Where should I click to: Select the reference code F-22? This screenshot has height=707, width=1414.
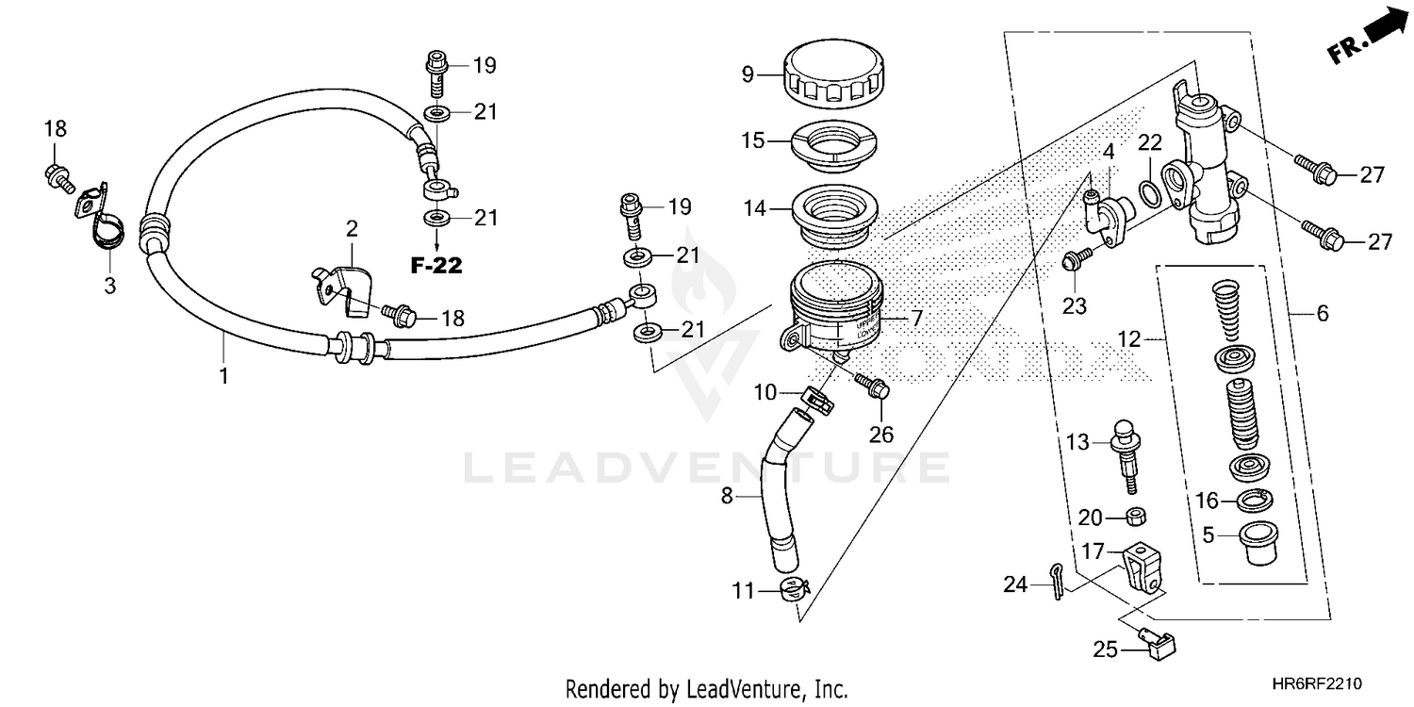point(436,266)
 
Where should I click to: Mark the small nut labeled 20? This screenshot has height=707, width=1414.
point(1137,517)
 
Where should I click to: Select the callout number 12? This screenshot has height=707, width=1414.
point(1129,337)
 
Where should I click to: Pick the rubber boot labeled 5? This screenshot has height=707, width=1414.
point(1255,543)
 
